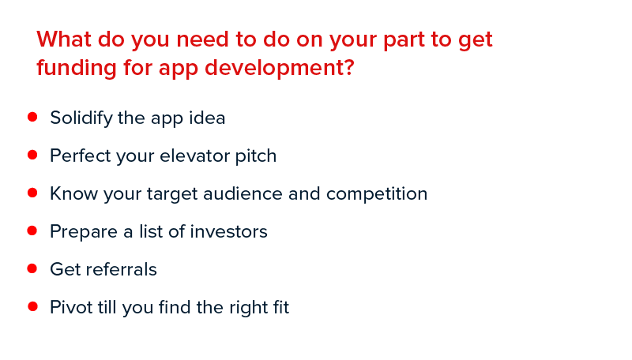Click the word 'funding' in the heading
point(77,68)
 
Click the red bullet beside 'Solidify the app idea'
point(32,117)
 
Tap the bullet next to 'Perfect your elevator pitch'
point(32,155)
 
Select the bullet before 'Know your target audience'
point(32,193)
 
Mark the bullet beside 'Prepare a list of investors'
point(32,231)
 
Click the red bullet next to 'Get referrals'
point(32,268)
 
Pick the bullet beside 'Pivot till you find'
point(32,306)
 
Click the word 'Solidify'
point(81,118)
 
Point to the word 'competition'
point(377,194)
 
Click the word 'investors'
point(228,231)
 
